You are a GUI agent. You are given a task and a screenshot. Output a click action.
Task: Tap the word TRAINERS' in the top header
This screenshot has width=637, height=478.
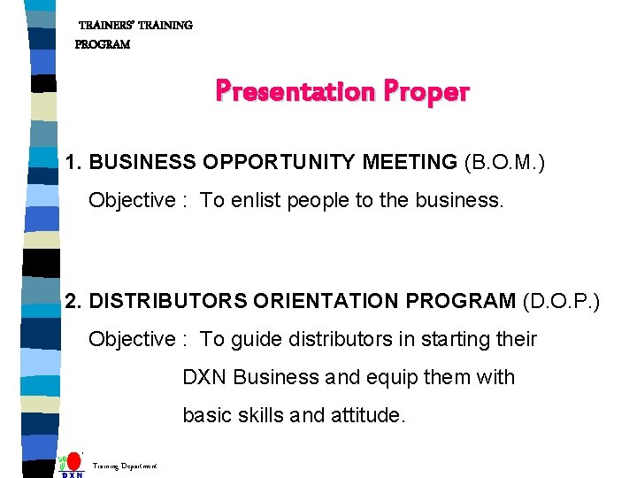click(107, 26)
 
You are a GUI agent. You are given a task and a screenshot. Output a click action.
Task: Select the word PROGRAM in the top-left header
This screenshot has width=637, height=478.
click(102, 44)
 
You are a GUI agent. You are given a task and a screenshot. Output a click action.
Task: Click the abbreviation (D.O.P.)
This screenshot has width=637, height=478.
click(561, 301)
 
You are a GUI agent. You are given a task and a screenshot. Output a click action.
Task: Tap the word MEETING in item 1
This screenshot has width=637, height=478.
click(408, 162)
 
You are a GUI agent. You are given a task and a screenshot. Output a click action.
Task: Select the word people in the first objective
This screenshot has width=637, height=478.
click(321, 201)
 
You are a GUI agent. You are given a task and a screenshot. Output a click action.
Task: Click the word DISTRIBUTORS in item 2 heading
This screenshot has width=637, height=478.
click(168, 301)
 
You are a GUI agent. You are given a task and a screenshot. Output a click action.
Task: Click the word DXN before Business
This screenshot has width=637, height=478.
click(205, 377)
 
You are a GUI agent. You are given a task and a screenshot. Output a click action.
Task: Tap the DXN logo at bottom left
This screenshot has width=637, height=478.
click(72, 466)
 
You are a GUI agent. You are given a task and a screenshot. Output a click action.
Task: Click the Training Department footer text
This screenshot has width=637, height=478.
click(125, 465)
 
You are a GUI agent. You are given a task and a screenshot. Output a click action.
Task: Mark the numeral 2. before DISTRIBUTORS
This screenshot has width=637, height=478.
click(73, 301)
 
